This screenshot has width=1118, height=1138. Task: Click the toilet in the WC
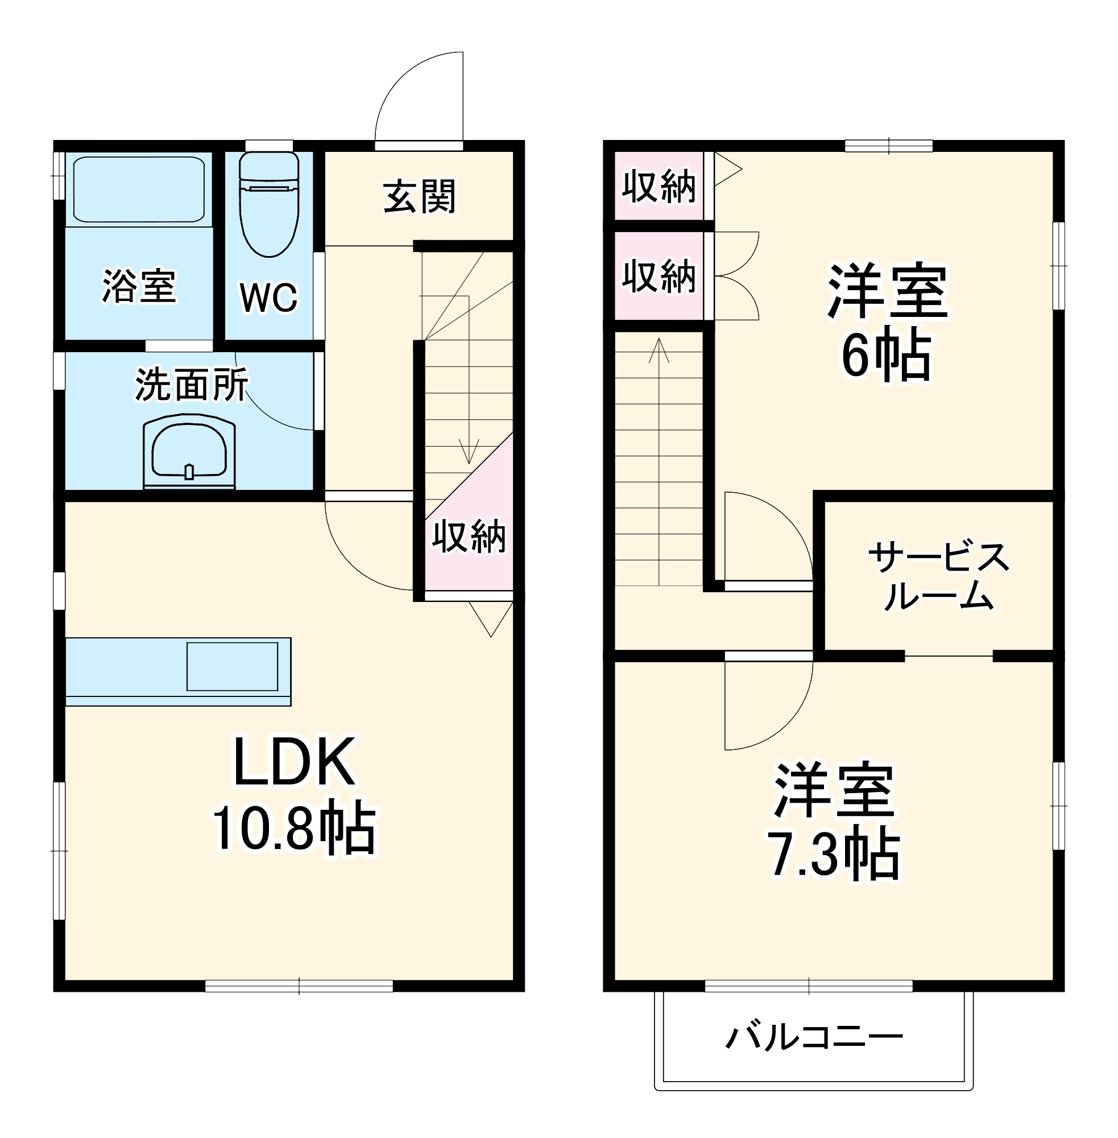[x=269, y=205]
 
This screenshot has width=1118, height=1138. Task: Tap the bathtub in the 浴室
[x=139, y=189]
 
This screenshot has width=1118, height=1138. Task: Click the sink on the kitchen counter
[x=232, y=666]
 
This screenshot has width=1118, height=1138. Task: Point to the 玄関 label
[x=419, y=197]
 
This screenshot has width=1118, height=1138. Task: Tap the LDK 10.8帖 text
[x=293, y=793]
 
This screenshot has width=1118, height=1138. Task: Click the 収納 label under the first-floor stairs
[x=469, y=536]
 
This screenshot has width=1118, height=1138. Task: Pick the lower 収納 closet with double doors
[x=659, y=276]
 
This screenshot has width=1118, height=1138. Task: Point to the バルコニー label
[x=814, y=1037]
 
